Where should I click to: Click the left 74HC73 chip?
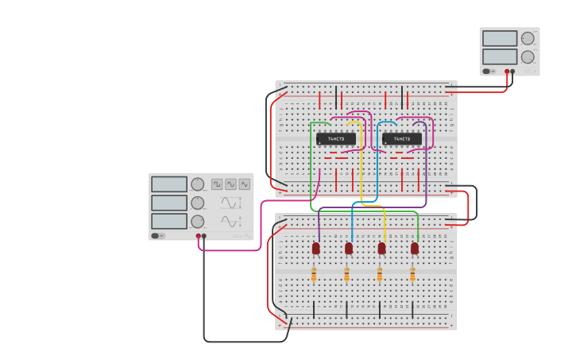[x=335, y=139]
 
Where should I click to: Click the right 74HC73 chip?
[x=401, y=139]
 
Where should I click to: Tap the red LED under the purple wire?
[x=315, y=249]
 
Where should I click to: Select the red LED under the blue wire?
[x=349, y=249]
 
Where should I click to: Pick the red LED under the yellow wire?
[x=381, y=249]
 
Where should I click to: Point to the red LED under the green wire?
[x=415, y=249]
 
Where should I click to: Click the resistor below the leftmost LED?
[x=314, y=275]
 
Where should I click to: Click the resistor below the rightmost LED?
[x=412, y=275]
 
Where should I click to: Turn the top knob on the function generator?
[x=197, y=184]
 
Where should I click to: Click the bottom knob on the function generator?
[x=197, y=222]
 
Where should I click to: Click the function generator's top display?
[x=169, y=184]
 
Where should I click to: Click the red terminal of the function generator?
[x=199, y=236]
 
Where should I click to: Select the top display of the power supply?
[x=499, y=38]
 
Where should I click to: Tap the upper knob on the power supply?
[x=528, y=38]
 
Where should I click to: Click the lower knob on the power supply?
[x=528, y=56]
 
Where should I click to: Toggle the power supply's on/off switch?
[x=487, y=71]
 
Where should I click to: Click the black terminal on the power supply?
[x=512, y=72]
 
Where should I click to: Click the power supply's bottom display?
[x=499, y=56]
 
